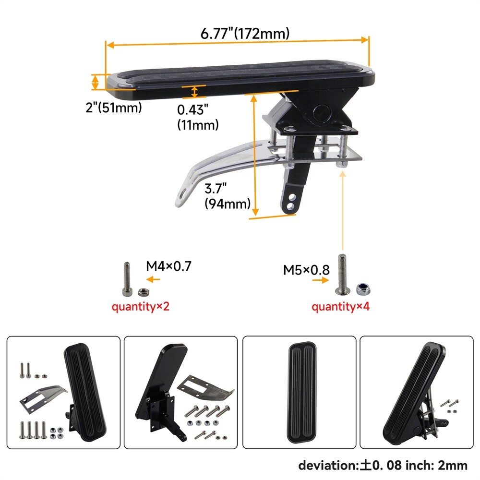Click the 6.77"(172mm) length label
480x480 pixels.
pyautogui.click(x=245, y=33)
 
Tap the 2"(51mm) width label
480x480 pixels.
pyautogui.click(x=114, y=108)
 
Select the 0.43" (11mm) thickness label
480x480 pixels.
pyautogui.click(x=198, y=117)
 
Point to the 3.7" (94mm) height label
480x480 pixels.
pyautogui.click(x=227, y=196)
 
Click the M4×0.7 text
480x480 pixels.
pyautogui.click(x=168, y=266)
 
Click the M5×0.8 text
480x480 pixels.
pyautogui.click(x=306, y=270)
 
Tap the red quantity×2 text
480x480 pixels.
pyautogui.click(x=141, y=306)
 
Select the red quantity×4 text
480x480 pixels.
pyautogui.click(x=341, y=306)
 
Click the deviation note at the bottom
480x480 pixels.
pyautogui.click(x=383, y=465)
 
